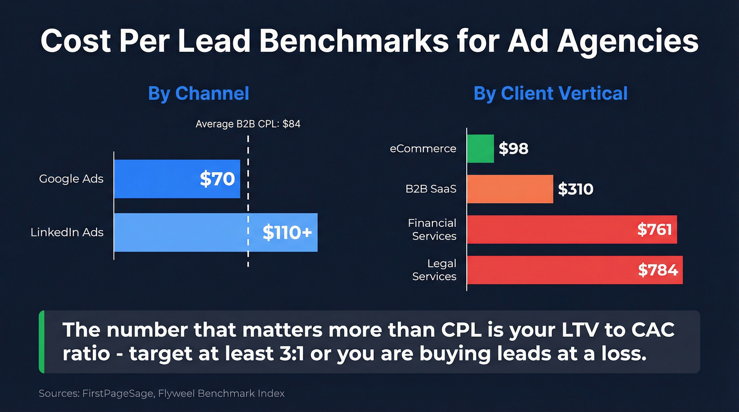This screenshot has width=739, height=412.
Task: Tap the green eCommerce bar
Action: [480, 148]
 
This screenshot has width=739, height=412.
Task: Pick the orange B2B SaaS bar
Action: [510, 189]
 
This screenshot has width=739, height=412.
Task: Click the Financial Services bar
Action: [549, 229]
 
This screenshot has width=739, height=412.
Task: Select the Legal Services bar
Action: [549, 270]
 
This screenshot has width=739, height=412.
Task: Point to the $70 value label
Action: [217, 179]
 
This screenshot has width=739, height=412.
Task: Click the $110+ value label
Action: [287, 232]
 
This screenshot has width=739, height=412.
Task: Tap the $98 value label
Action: [514, 149]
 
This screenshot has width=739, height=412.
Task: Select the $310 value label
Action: [575, 189]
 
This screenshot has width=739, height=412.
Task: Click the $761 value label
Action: [654, 229]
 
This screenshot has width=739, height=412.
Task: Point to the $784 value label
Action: [657, 270]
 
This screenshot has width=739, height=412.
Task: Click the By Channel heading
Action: [198, 93]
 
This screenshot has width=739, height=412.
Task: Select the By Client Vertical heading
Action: [551, 93]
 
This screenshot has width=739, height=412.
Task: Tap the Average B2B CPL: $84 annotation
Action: [248, 124]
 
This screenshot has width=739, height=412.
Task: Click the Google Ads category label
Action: [71, 179]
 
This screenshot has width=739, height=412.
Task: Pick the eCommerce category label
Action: [423, 149]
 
